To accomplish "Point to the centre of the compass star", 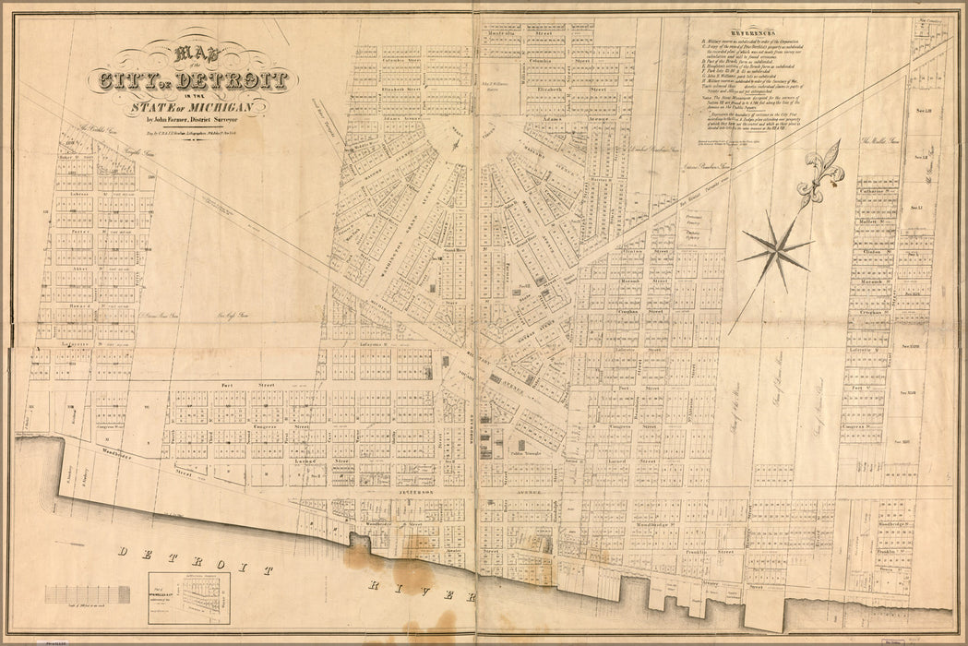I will click(x=778, y=247).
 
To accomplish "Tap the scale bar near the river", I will click(x=87, y=592).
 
